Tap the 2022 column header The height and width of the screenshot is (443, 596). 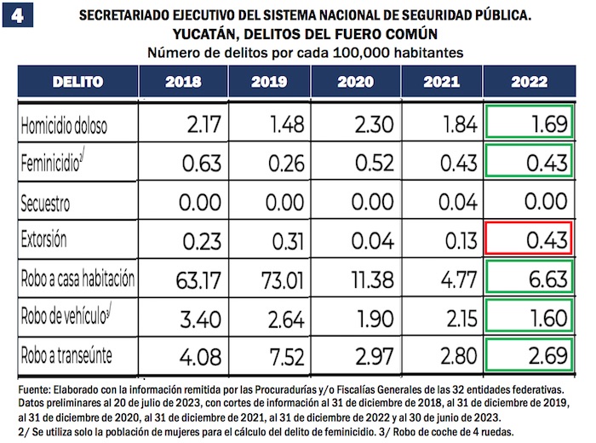(x=528, y=82)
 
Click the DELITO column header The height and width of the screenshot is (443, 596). (x=77, y=82)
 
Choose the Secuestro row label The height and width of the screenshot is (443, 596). (x=53, y=204)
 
